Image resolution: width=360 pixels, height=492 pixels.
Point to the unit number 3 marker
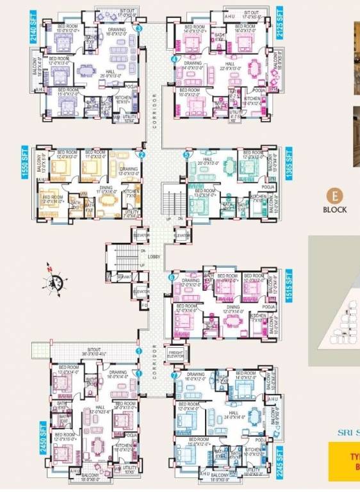click(x=139, y=28)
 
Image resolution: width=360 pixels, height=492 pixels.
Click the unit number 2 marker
click(x=142, y=154)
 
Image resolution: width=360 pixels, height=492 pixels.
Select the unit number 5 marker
click(x=186, y=154)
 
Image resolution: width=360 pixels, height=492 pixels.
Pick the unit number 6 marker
click(x=171, y=277)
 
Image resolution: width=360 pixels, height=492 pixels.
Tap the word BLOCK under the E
click(x=334, y=209)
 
